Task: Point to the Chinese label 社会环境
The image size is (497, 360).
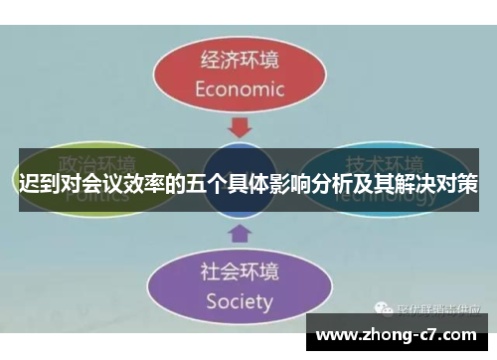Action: (x=239, y=270)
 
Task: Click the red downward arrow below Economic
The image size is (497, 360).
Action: (x=239, y=127)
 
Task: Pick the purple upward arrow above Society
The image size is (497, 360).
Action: (x=239, y=234)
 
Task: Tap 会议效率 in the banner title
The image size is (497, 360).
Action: (x=125, y=186)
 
